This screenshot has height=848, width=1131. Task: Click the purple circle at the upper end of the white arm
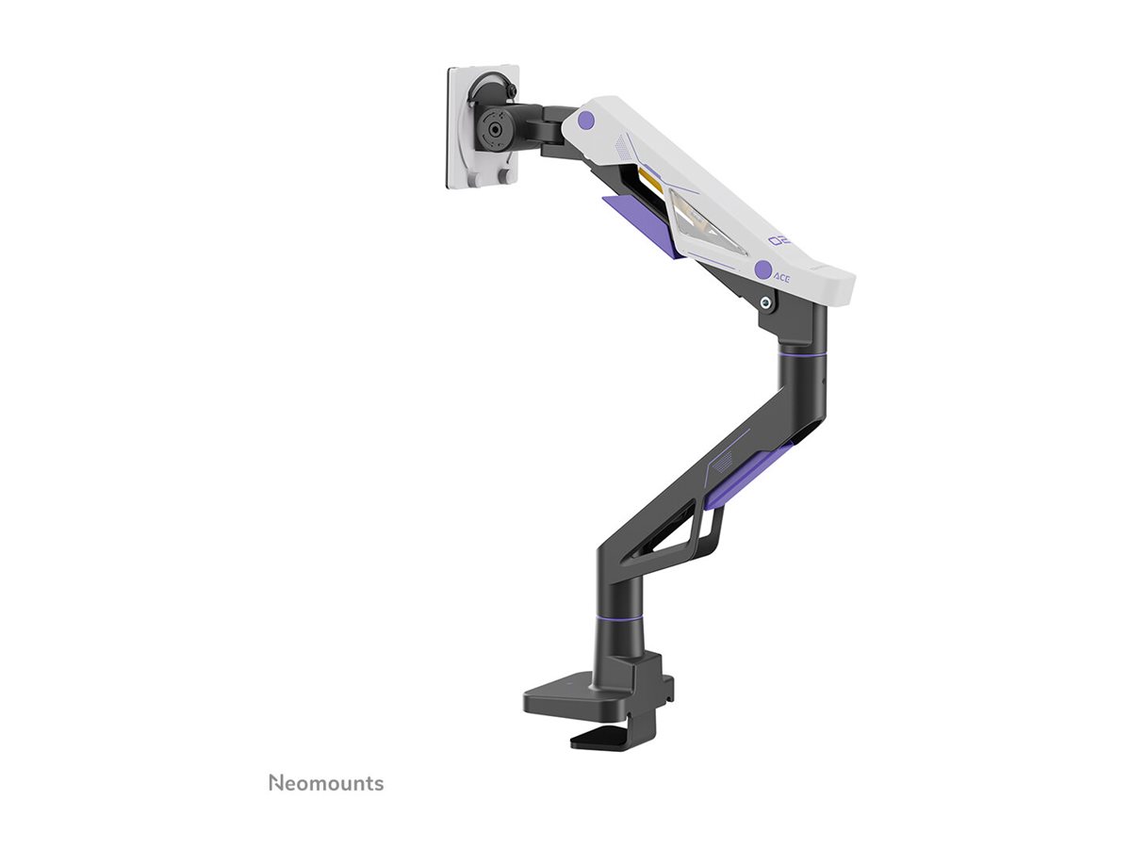click(x=586, y=121)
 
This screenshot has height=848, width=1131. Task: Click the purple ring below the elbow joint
click(x=802, y=354)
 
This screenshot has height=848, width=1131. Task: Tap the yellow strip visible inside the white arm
click(x=648, y=180)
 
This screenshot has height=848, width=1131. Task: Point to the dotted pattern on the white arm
click(x=624, y=147)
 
